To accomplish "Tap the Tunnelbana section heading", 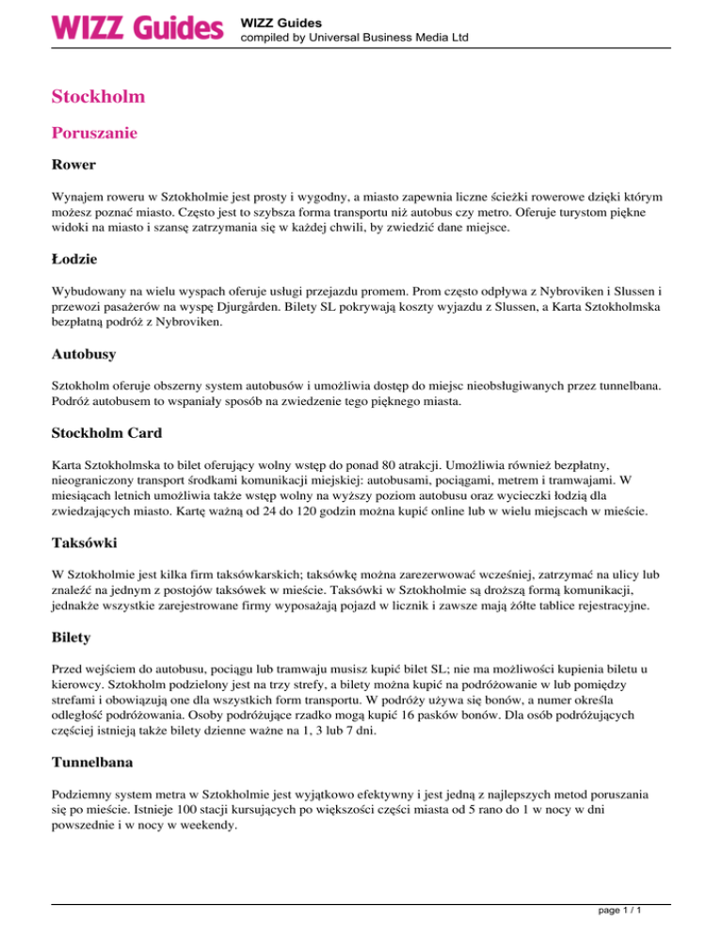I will click(95, 750).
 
